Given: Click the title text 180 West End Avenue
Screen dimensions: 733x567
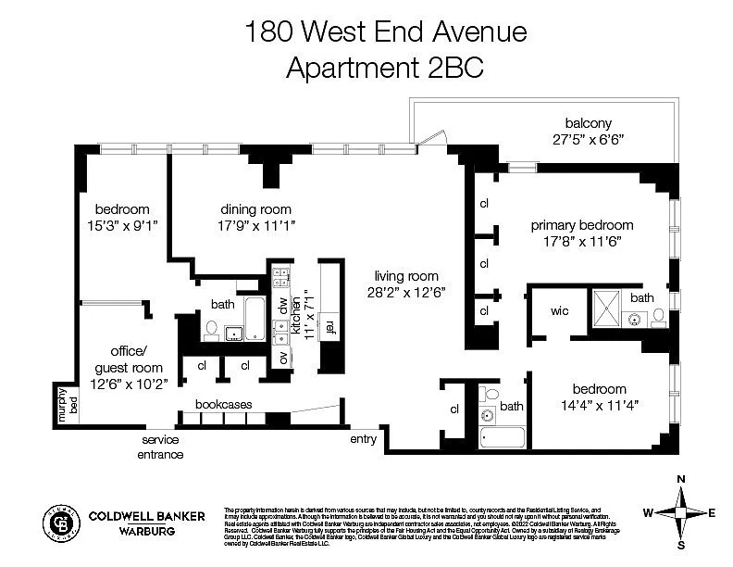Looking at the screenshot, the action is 385,32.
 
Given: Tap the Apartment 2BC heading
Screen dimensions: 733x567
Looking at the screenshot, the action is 385,68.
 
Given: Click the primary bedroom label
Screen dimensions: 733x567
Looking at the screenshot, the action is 581,225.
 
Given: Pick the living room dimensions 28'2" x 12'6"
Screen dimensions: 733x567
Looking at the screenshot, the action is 405,292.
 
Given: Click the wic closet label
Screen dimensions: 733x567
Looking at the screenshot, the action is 559,311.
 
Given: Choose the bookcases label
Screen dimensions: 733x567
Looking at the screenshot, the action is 223,404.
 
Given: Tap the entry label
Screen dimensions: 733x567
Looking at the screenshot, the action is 363,439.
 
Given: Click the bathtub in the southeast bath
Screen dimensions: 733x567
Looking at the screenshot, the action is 502,437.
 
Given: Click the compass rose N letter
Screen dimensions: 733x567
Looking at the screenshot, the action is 681,478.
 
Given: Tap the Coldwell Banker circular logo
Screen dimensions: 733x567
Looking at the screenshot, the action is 62,523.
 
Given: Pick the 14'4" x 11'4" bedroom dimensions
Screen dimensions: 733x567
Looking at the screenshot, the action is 599,405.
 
